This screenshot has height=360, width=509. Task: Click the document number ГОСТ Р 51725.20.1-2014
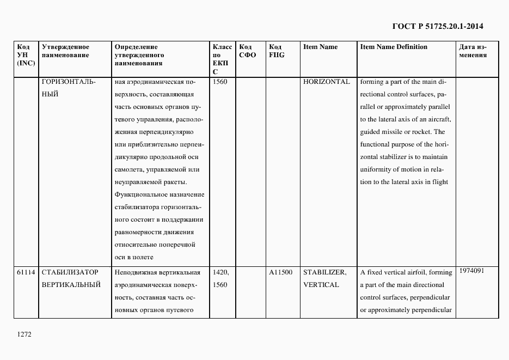coord(438,26)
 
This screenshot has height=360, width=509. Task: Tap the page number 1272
coord(25,335)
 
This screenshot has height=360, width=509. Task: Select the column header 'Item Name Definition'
coord(394,47)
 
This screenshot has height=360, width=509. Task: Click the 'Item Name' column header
coord(320,47)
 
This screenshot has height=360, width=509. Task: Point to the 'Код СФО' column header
coord(248,51)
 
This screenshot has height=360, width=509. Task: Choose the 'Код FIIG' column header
coord(277,51)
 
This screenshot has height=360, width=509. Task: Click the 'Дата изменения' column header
coord(473,51)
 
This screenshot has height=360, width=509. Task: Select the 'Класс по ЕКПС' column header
coord(222,59)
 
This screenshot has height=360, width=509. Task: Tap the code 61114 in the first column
coord(26,272)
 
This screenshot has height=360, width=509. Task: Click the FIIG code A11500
coord(280,272)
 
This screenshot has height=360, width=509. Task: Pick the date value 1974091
coord(471,270)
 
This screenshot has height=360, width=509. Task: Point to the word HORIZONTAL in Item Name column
coord(326,82)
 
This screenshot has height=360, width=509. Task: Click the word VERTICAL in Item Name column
coord(321,285)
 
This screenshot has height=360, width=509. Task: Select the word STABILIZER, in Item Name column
coord(324,272)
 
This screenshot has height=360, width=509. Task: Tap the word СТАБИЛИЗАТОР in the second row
coord(70,272)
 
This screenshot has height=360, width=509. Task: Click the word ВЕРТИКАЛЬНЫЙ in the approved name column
coord(71,285)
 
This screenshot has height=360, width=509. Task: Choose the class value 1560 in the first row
coord(220,82)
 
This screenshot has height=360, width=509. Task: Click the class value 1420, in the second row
coord(221,272)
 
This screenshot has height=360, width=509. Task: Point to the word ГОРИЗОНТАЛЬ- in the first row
coord(68,82)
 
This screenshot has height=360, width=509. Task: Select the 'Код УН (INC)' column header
coord(26,54)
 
